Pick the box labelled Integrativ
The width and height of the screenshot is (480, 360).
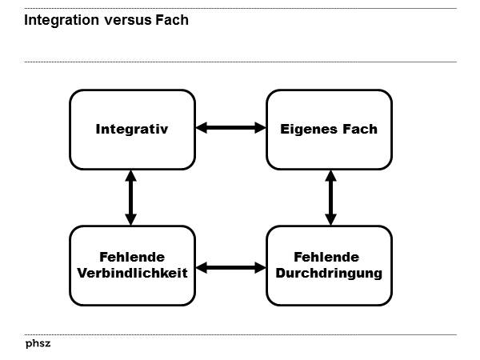pos(132,129)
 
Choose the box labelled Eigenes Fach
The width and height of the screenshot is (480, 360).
pos(329,129)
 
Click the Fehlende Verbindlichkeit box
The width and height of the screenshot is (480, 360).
pos(132,265)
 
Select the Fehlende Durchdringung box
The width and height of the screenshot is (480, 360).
pos(329,265)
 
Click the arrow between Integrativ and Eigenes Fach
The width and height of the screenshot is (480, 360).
pos(230,127)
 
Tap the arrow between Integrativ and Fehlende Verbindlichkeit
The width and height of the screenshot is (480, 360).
pos(131,197)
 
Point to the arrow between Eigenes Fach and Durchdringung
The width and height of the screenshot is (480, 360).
pos(329,197)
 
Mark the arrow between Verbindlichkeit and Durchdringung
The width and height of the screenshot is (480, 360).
pos(230,267)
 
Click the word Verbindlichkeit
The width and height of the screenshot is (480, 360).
pos(132,273)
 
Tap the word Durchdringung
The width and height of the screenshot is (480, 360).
pos(329,273)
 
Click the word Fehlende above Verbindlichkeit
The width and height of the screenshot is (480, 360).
pos(132,257)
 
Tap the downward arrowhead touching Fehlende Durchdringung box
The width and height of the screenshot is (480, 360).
pos(329,219)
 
